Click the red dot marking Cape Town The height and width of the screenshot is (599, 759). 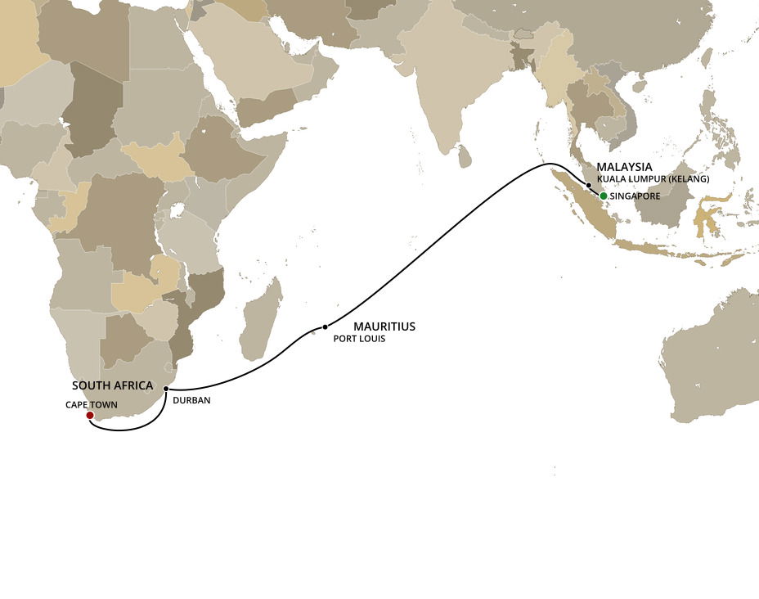[x=89, y=416]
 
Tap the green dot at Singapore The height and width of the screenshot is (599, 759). [x=603, y=196]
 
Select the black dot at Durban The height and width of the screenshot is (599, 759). [x=166, y=389]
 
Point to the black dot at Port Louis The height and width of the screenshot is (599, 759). [x=325, y=327]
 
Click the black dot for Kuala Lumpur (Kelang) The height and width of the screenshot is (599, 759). [x=588, y=186]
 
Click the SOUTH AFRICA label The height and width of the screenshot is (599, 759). [x=112, y=385]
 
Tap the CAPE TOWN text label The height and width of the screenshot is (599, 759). [x=92, y=404]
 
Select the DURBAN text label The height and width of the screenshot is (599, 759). [x=192, y=401]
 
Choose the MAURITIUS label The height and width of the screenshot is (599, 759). [x=384, y=327]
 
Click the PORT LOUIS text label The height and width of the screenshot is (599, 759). [x=359, y=338]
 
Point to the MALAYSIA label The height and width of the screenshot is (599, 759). [x=624, y=166]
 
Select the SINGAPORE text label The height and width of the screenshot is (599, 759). [x=635, y=196]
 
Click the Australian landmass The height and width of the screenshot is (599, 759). [x=712, y=360]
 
